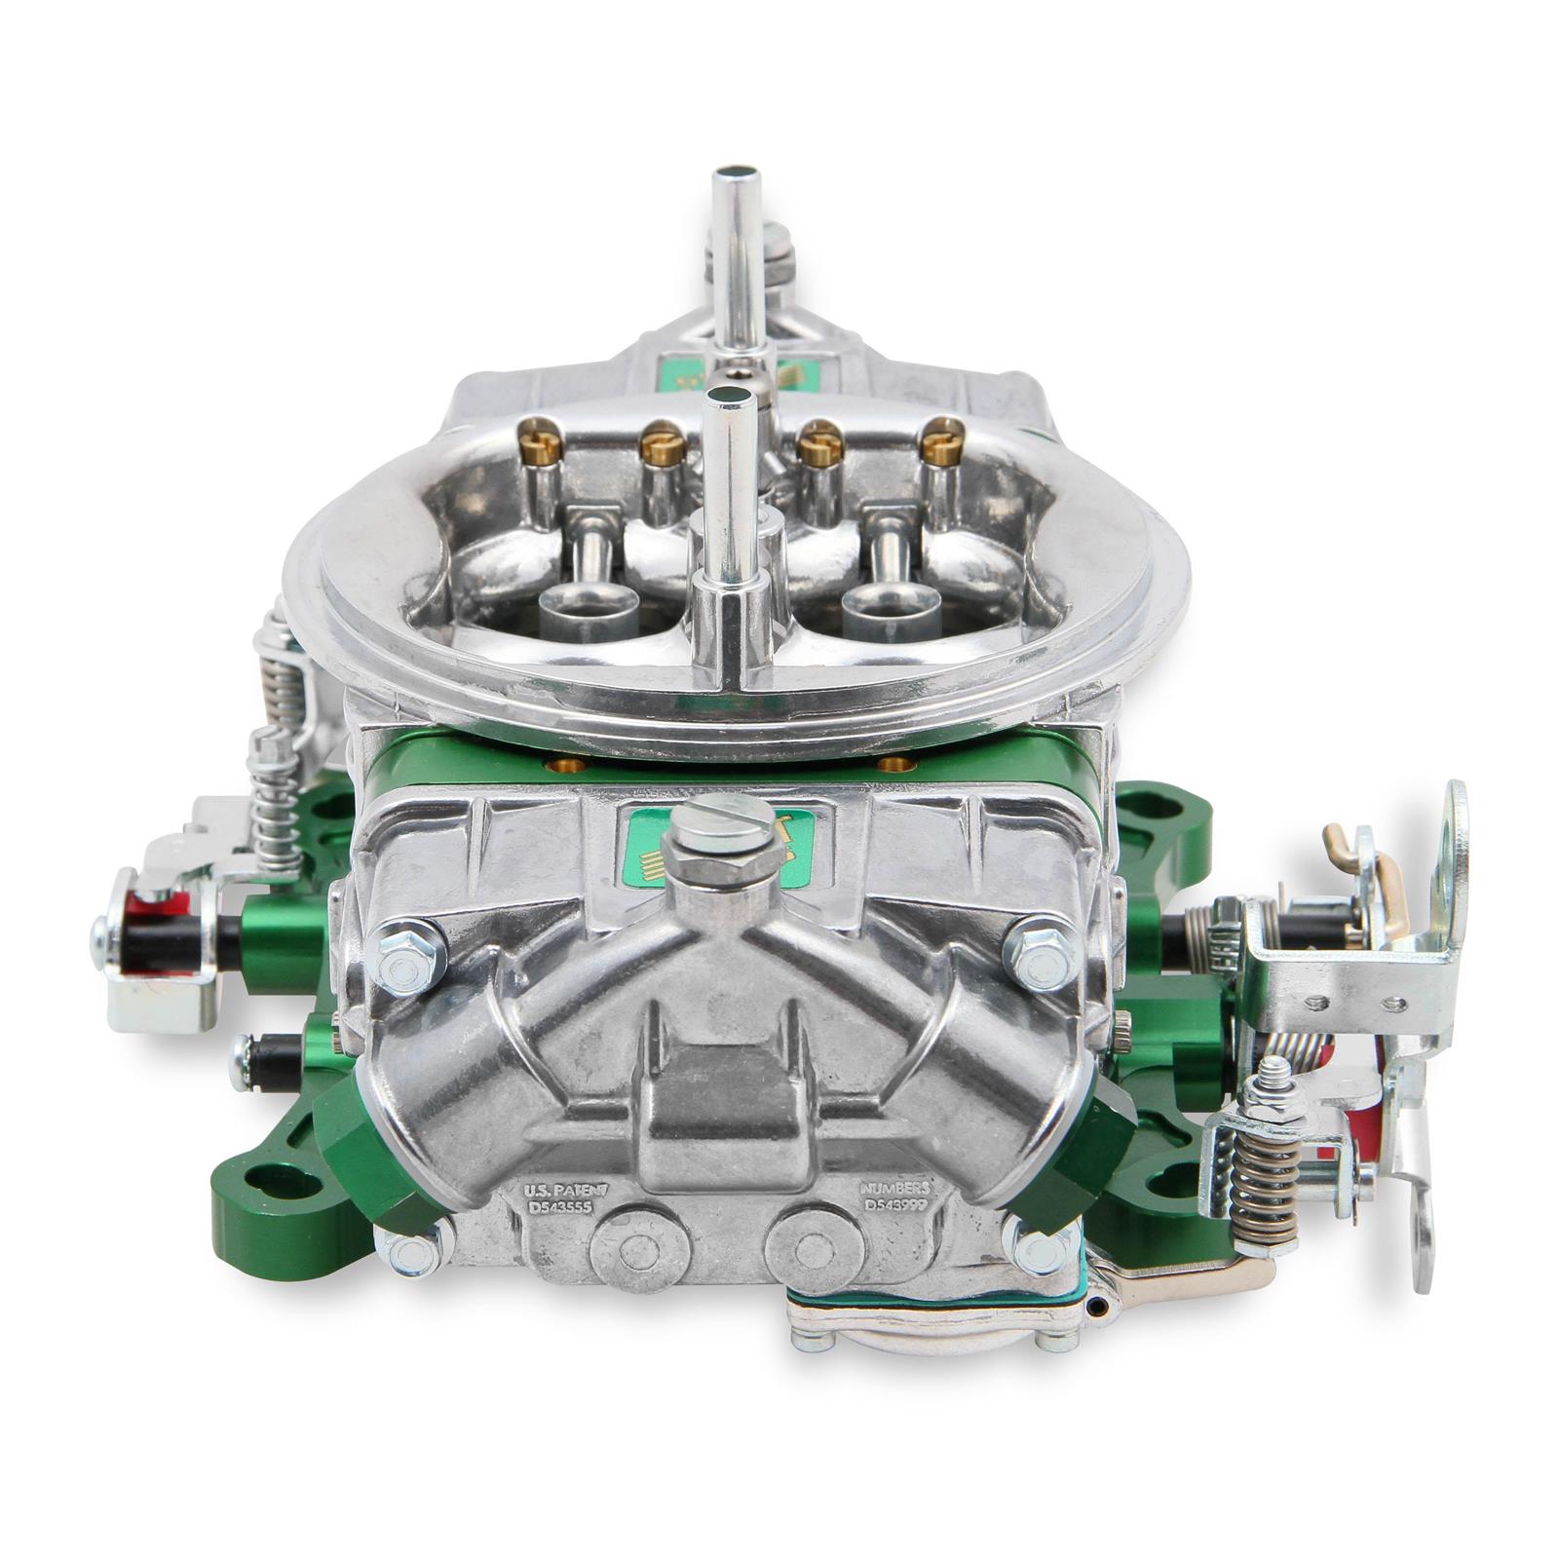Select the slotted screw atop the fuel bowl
[716, 817]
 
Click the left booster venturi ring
[588, 612]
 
